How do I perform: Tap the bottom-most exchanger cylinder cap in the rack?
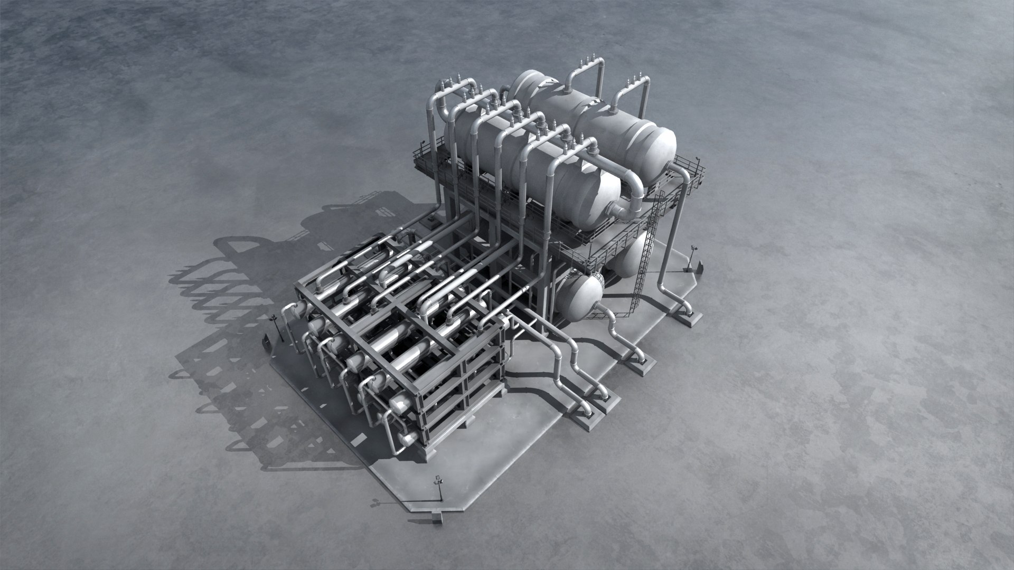(x=407, y=439)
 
